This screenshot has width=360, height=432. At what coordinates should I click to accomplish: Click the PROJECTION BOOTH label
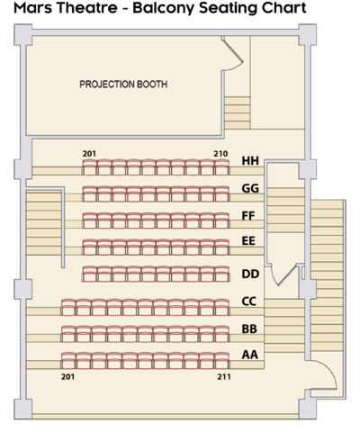tap(123, 85)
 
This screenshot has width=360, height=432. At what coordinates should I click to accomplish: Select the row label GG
tap(250, 189)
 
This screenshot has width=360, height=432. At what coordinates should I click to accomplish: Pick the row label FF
tap(250, 216)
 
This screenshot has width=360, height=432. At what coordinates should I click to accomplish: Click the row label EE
tap(250, 242)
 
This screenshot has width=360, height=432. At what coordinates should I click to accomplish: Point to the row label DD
tap(250, 274)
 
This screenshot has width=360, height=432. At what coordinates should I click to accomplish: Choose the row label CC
tap(250, 301)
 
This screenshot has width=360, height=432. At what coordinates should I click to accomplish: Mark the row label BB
tap(250, 329)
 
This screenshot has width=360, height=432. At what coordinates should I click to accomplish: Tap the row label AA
tap(250, 355)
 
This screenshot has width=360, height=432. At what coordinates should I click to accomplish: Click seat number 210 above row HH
tap(220, 153)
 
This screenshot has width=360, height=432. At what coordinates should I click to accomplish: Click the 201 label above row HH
tap(89, 153)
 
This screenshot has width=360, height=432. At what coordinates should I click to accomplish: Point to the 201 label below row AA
tap(66, 376)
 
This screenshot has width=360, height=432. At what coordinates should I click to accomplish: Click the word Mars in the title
tap(36, 9)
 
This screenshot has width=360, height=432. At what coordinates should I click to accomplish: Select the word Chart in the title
tap(281, 9)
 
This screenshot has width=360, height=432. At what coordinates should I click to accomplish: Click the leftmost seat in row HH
tap(89, 166)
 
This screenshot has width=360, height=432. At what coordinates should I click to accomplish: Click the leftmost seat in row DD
tap(89, 274)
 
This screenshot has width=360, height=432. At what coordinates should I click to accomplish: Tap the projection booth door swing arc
tap(234, 58)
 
